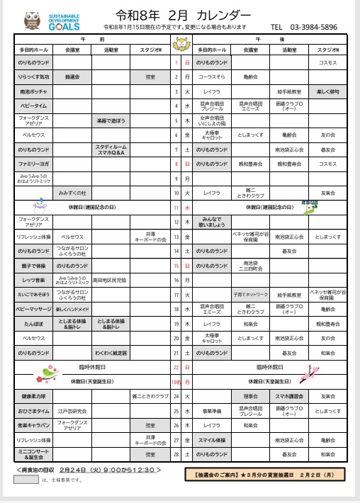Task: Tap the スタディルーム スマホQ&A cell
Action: (x=110, y=149)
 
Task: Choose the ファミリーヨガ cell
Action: (x=34, y=164)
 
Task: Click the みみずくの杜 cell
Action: (x=72, y=192)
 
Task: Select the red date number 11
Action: (x=176, y=208)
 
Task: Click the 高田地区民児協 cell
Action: (x=110, y=281)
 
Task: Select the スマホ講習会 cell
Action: (x=288, y=396)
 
